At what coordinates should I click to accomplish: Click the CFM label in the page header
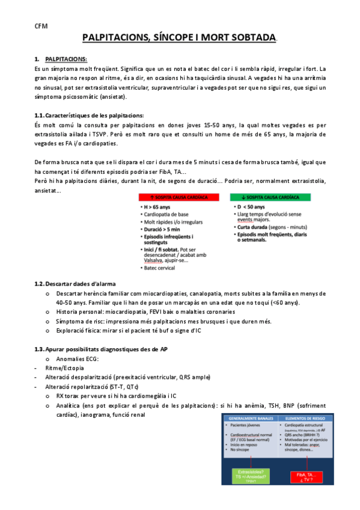[x=41, y=26]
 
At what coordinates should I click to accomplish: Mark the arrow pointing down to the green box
[x=251, y=462]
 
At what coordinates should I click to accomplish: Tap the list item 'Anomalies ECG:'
[x=78, y=358]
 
